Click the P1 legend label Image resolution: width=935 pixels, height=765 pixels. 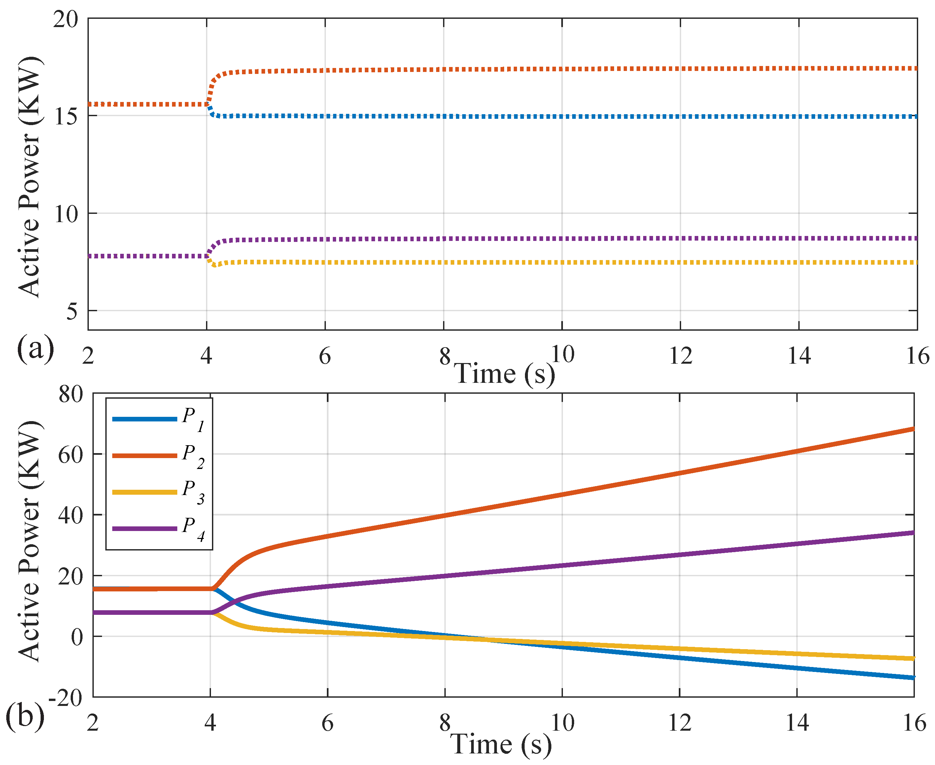click(193, 419)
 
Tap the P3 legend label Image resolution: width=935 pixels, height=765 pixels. click(193, 492)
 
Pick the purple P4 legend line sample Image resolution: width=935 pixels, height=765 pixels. click(145, 528)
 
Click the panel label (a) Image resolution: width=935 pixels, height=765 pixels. click(35, 348)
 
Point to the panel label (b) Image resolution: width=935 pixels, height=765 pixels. click(25, 716)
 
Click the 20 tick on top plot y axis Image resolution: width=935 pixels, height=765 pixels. click(65, 19)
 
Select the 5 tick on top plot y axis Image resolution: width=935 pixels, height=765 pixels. click(71, 312)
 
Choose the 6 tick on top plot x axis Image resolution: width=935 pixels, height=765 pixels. click(325, 356)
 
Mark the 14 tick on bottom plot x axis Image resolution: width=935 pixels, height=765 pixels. click(797, 723)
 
